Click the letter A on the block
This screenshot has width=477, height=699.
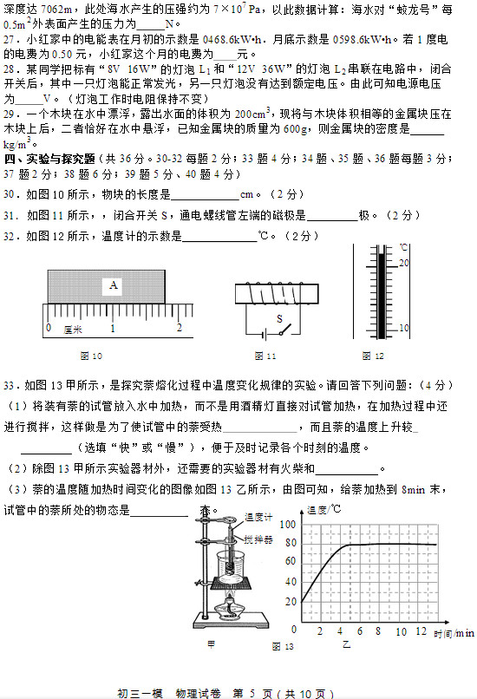point(114,284)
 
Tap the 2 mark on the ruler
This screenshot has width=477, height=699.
point(179,328)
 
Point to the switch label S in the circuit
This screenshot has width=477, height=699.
point(280,318)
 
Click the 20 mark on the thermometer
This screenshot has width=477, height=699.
point(403,261)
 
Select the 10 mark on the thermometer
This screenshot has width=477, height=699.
point(403,328)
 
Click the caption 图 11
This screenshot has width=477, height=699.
point(265,356)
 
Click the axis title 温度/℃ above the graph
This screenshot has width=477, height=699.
point(323,510)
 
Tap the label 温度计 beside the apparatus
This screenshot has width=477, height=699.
point(258,518)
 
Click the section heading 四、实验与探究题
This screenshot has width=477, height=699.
point(49,160)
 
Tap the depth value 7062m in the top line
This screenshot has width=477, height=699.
point(58,7)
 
